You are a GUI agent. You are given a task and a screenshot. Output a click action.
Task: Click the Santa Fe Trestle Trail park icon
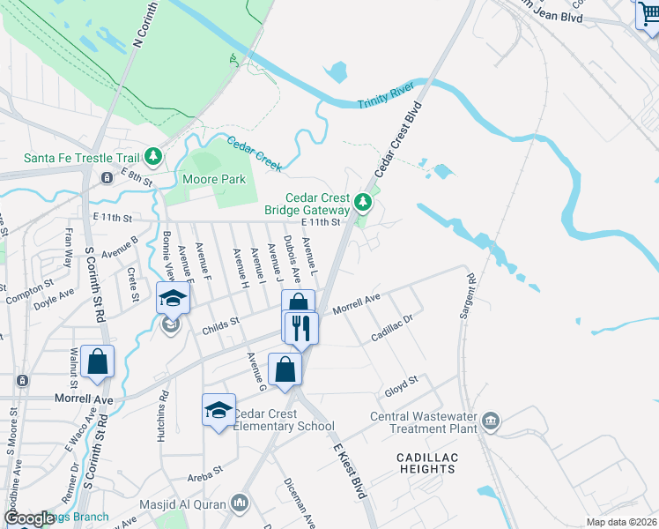(154, 157)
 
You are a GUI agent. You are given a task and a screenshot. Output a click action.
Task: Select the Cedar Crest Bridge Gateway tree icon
(362, 205)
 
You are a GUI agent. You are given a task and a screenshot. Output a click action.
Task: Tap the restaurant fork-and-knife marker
(300, 329)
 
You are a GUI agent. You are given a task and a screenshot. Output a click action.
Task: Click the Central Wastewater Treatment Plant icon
(491, 422)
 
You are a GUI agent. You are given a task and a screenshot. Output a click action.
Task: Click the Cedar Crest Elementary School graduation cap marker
(218, 411)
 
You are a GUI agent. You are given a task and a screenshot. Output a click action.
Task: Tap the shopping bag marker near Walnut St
(97, 361)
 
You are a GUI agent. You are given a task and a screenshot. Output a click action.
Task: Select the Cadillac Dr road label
(392, 332)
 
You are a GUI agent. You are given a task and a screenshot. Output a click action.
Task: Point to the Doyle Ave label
(52, 300)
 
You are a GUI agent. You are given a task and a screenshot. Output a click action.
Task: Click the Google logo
(28, 519)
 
